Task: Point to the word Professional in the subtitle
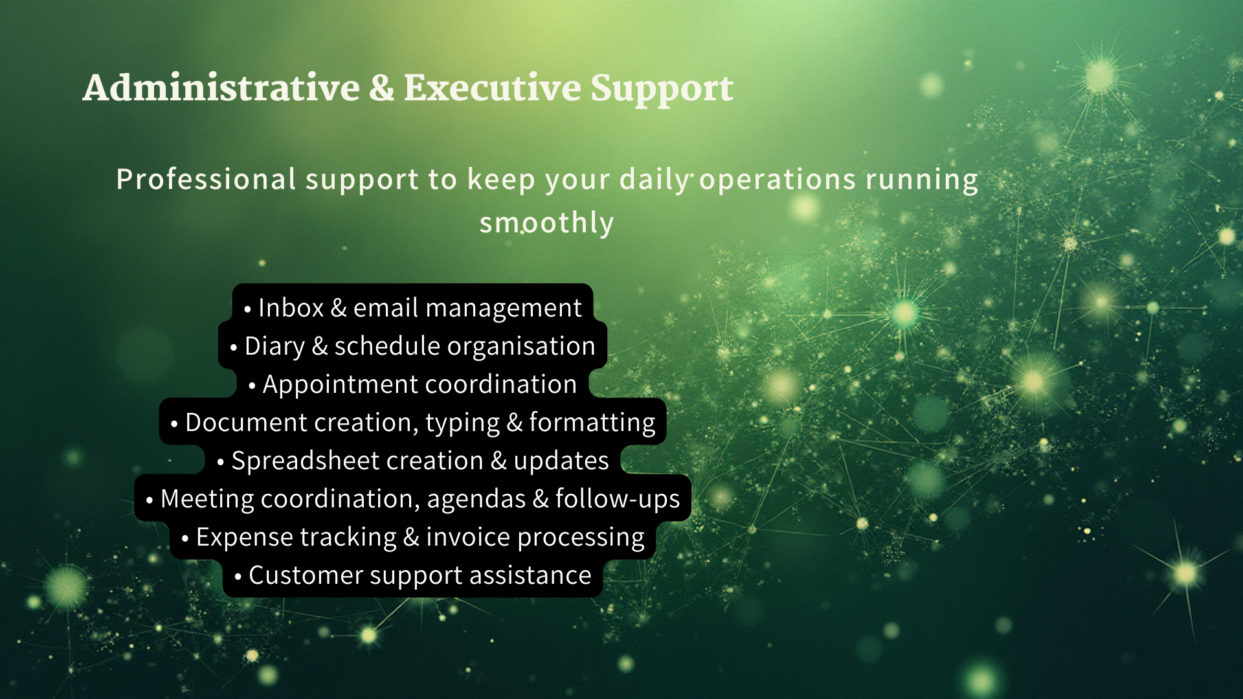point(206,179)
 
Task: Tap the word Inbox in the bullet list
point(291,307)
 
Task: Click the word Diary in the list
point(274,347)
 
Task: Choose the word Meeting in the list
point(207,500)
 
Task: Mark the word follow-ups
point(618,500)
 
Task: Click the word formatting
point(592,423)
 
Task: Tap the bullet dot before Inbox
point(247,310)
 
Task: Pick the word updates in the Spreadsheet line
point(561,461)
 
